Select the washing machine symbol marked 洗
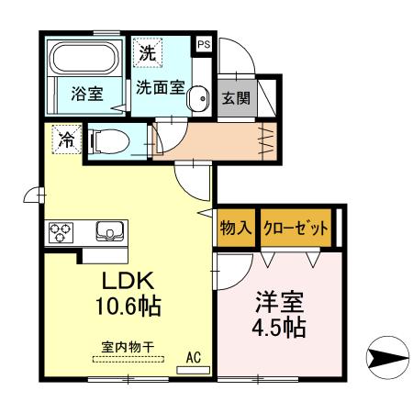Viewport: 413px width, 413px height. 147,52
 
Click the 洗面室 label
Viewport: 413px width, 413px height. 160,88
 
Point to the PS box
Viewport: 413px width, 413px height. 203,43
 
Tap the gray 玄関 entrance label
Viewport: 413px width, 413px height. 233,98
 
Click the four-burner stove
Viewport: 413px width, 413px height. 62,230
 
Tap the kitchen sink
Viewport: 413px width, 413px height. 108,230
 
